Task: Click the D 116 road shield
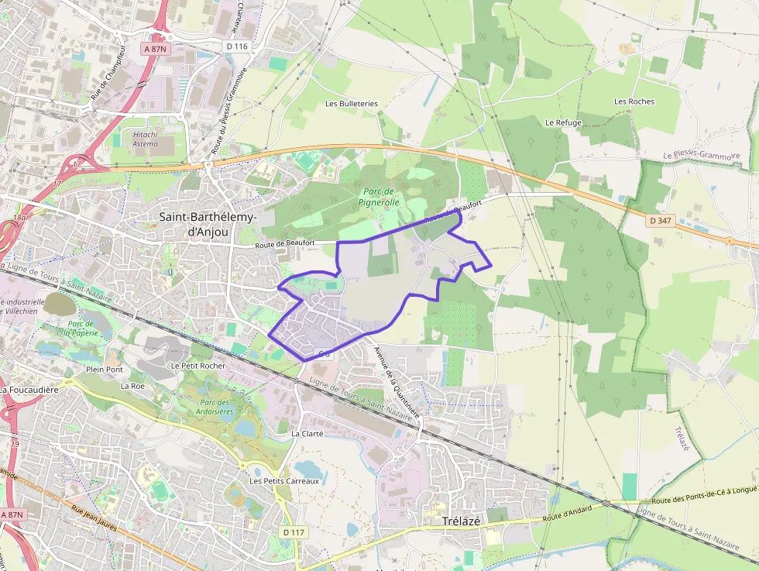pyautogui.click(x=237, y=46)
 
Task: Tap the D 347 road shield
pyautogui.click(x=660, y=221)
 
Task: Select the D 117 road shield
pyautogui.click(x=294, y=532)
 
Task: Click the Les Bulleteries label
pyautogui.click(x=352, y=103)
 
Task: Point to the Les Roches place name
pyautogui.click(x=634, y=101)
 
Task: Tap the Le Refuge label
pyautogui.click(x=563, y=122)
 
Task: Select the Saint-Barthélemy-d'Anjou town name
pyautogui.click(x=208, y=224)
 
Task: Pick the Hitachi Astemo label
pyautogui.click(x=145, y=139)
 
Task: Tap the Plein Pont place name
pyautogui.click(x=105, y=370)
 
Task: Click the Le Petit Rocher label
pyautogui.click(x=198, y=365)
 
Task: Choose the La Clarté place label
pyautogui.click(x=307, y=434)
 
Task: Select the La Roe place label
pyautogui.click(x=132, y=385)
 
